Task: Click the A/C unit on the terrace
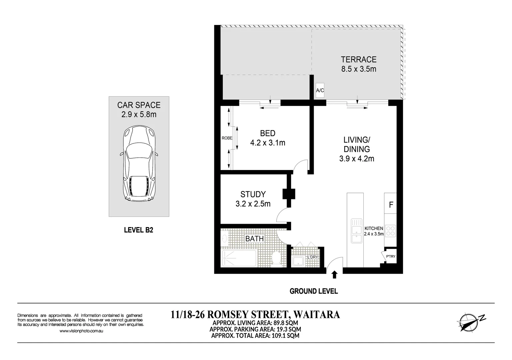click(320, 90)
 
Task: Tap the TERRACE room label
click(358, 60)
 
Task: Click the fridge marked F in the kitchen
click(391, 204)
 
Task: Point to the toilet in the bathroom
click(276, 259)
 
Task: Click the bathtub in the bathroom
click(239, 258)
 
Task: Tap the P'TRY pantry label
click(390, 256)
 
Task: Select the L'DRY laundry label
click(312, 257)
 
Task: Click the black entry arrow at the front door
click(334, 274)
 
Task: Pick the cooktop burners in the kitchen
click(390, 231)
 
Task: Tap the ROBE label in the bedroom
click(227, 138)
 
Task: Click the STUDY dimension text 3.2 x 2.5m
click(253, 204)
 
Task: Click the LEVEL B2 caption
click(138, 230)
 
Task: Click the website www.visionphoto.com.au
click(81, 331)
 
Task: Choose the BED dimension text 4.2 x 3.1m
click(268, 143)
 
